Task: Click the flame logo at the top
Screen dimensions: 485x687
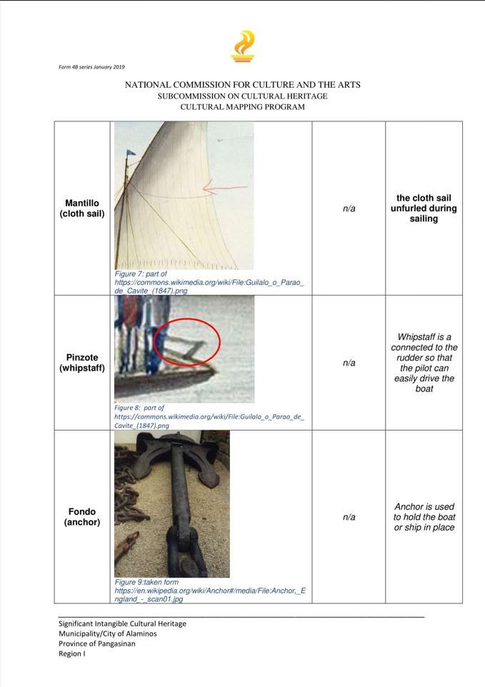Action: (x=242, y=46)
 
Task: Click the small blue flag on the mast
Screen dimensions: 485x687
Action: (x=131, y=153)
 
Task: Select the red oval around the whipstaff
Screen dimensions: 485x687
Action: (x=187, y=342)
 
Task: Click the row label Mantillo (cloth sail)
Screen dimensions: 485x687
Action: (x=82, y=208)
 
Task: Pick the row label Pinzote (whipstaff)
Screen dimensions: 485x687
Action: (x=82, y=362)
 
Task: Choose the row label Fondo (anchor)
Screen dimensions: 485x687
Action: (x=82, y=516)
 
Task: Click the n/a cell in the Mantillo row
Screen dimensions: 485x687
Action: (x=349, y=209)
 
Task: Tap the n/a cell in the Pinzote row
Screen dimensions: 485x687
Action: (x=349, y=363)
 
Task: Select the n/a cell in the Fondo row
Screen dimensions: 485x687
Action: (x=349, y=517)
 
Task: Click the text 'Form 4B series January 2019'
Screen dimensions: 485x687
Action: (x=91, y=67)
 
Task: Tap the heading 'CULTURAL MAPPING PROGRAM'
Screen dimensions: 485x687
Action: (x=242, y=107)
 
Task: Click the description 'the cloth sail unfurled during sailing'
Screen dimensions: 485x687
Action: (x=424, y=208)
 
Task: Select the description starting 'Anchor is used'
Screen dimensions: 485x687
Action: (x=424, y=517)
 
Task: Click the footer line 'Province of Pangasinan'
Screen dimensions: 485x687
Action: (x=97, y=643)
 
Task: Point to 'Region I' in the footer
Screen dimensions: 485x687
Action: (x=72, y=653)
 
